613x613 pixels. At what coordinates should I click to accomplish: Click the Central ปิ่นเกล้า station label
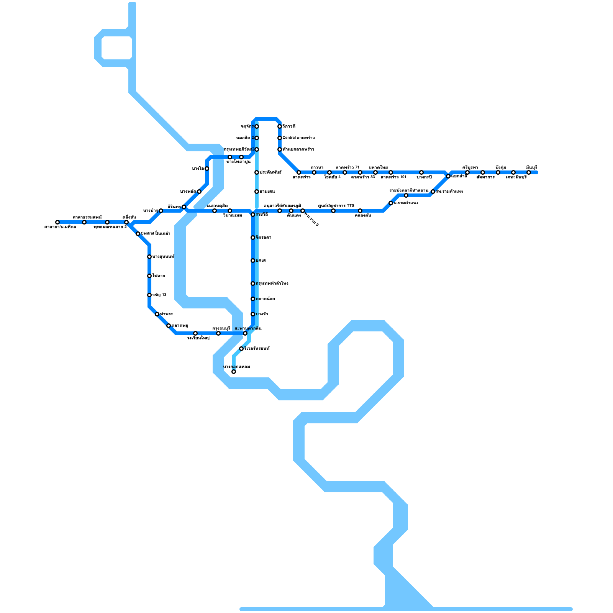(x=155, y=234)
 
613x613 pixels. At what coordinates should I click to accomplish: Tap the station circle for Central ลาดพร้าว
(x=280, y=138)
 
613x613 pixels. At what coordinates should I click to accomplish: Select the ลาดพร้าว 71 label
(x=347, y=167)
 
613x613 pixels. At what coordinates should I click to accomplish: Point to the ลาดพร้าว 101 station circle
(x=391, y=172)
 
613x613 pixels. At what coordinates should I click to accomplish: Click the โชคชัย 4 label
(x=332, y=177)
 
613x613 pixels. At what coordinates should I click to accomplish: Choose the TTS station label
(x=336, y=206)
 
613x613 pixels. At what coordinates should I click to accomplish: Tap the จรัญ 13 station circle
(x=149, y=295)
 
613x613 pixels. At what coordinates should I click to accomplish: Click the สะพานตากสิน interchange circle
(x=245, y=333)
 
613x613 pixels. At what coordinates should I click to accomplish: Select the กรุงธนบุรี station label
(x=221, y=328)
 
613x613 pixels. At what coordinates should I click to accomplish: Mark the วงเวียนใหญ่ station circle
(x=195, y=333)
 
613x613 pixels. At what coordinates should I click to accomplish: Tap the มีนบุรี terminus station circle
(x=529, y=172)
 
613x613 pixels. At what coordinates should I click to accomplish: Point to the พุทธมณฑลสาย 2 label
(x=110, y=227)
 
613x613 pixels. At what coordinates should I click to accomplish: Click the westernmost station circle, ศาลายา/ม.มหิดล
(x=57, y=222)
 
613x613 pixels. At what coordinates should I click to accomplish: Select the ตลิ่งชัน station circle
(x=126, y=222)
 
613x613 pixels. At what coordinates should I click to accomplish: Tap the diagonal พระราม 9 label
(x=311, y=218)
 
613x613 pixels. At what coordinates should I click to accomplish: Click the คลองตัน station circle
(x=360, y=211)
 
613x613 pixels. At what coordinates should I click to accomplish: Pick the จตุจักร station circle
(x=257, y=126)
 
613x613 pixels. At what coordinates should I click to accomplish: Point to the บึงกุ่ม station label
(x=500, y=167)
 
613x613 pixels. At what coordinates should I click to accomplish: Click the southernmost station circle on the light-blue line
(x=234, y=372)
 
